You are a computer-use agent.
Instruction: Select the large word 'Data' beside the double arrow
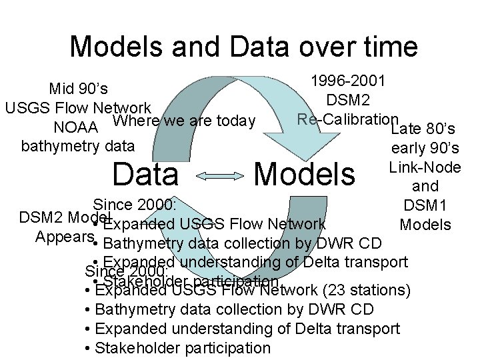tap(146, 175)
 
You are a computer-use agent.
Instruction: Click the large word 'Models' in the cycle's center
tap(305, 175)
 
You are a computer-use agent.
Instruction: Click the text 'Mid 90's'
tap(79, 89)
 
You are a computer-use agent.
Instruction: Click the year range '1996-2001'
tap(348, 81)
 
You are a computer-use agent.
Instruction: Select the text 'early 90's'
tap(425, 148)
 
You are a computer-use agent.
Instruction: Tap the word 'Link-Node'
tap(425, 167)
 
